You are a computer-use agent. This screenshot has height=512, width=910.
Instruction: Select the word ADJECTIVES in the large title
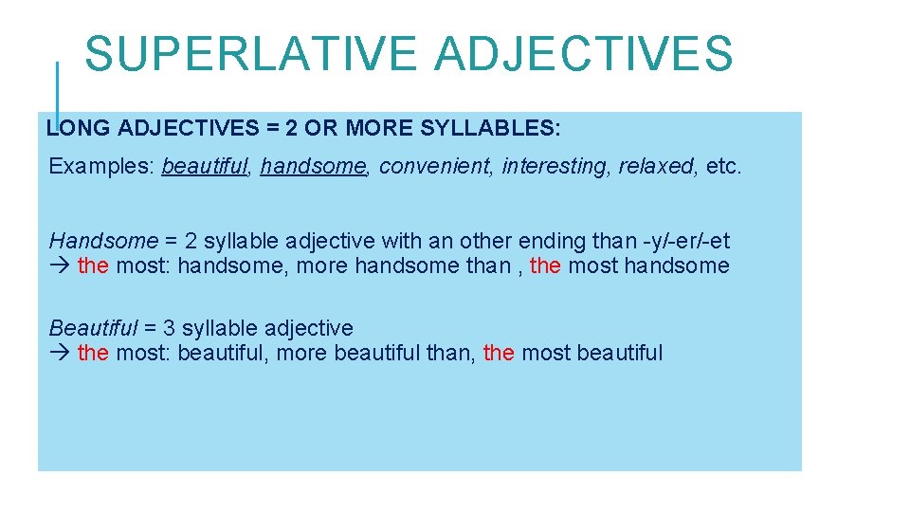(584, 54)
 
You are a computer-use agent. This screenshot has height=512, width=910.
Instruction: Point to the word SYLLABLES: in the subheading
(501, 128)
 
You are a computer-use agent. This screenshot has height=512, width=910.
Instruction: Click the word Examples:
(101, 167)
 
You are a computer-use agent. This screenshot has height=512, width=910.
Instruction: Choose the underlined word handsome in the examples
(313, 167)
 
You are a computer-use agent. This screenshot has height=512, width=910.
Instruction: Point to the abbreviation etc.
(724, 167)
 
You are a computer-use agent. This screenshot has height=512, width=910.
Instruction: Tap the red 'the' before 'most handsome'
(545, 265)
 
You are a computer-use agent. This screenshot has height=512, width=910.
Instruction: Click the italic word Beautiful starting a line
(93, 329)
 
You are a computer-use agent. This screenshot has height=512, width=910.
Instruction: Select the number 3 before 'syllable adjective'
(169, 329)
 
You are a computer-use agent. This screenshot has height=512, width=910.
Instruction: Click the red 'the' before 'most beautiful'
(499, 354)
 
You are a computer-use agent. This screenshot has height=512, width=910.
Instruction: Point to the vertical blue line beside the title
(57, 90)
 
